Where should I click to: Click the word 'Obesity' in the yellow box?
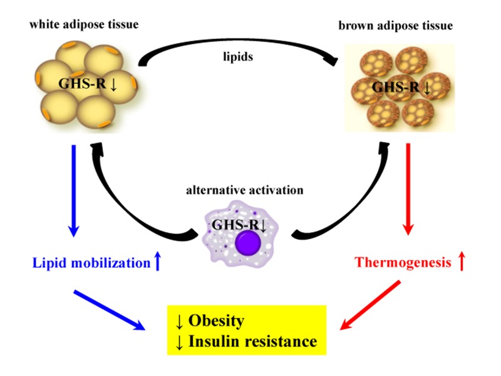coord(217,322)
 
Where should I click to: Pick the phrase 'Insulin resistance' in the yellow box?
coord(253,342)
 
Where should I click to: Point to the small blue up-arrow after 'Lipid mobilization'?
coord(157,263)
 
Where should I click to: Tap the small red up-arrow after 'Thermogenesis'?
coord(462,262)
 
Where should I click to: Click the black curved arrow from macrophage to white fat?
coord(119,200)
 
